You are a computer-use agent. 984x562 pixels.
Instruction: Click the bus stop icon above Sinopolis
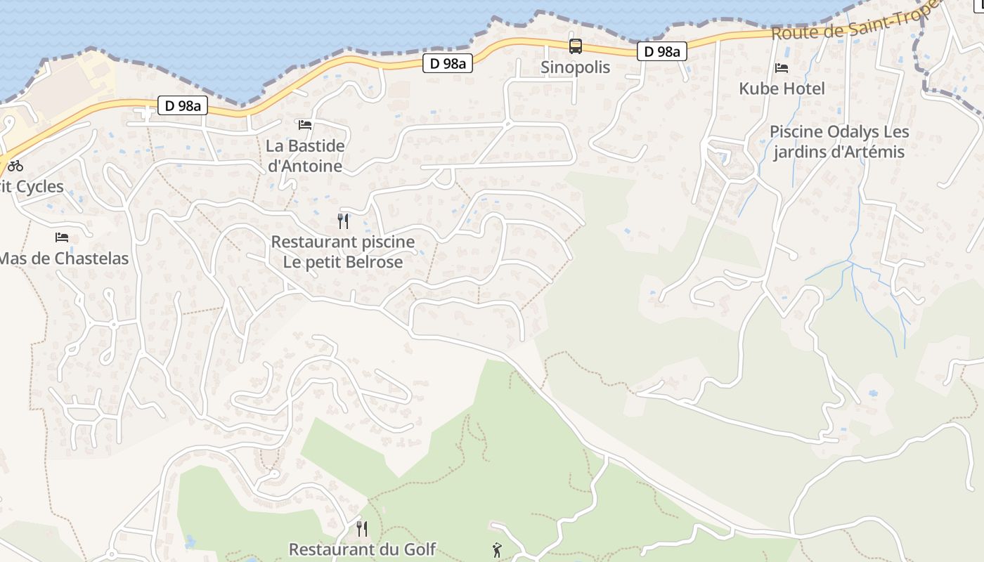click(575, 47)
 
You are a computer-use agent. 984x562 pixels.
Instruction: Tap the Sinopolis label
click(575, 67)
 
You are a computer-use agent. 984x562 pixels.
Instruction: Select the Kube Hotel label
click(782, 89)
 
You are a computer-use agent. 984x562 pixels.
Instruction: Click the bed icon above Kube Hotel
click(782, 68)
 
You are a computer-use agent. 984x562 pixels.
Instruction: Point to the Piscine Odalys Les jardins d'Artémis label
click(839, 142)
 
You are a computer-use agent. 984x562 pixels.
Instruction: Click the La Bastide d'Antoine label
click(305, 156)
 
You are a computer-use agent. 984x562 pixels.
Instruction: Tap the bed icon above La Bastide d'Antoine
click(305, 125)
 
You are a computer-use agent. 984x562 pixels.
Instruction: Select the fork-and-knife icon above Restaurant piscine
click(343, 221)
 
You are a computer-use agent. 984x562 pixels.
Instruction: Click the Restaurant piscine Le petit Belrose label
click(343, 252)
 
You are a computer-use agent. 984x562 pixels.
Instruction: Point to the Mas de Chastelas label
click(63, 259)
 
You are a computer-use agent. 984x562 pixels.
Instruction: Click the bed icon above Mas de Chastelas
click(62, 237)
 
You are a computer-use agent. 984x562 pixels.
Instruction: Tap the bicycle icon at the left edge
click(15, 166)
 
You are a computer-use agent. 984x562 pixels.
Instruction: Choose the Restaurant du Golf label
click(362, 549)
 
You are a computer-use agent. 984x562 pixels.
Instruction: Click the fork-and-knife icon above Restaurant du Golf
click(362, 528)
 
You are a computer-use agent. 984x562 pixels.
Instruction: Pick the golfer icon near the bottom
click(498, 550)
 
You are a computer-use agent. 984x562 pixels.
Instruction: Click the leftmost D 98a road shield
click(183, 106)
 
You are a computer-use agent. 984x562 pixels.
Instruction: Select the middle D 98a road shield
click(448, 63)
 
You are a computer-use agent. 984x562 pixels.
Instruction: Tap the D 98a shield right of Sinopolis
click(661, 51)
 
